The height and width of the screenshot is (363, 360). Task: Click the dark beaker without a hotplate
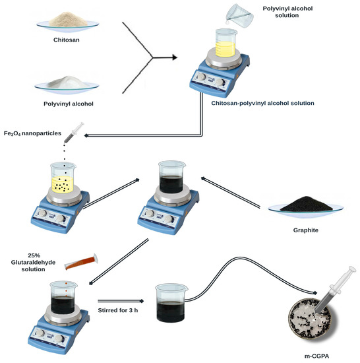pyautogui.click(x=173, y=303)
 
